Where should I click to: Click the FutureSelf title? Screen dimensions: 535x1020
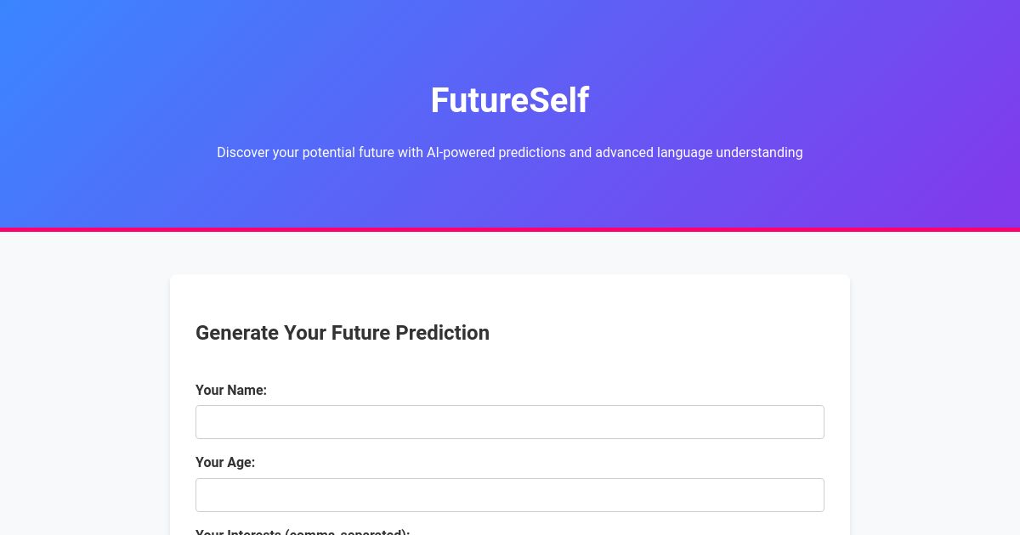coord(509,100)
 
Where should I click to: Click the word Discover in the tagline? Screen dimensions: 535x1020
coord(243,153)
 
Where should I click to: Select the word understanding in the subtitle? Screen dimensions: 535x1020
coord(759,153)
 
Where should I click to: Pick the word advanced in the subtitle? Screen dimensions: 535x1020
coord(624,153)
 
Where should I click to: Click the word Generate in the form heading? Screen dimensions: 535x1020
coord(237,333)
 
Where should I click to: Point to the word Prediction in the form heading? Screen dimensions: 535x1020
coord(443,333)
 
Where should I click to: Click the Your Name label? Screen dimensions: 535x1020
coord(231,390)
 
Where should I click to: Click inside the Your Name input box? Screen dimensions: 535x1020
coord(510,422)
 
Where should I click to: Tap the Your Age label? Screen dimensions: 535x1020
coord(225,462)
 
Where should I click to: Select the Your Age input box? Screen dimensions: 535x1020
coord(510,495)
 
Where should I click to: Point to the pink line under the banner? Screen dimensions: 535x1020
coord(510,229)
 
